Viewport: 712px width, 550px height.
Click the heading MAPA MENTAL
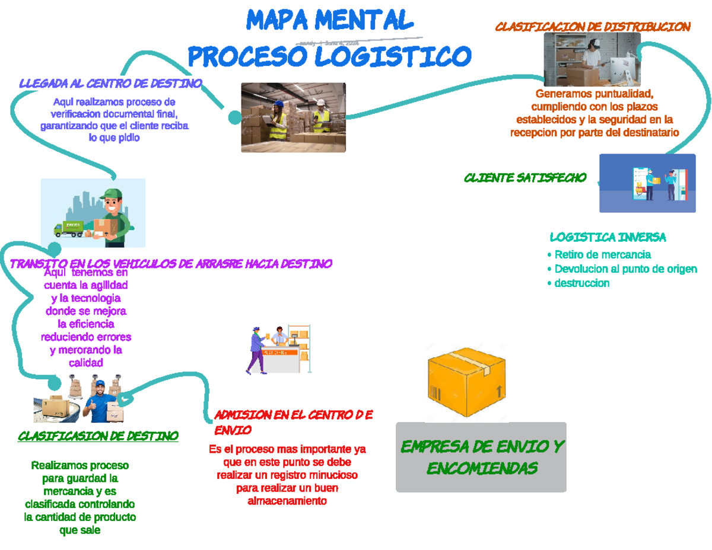pos(329,21)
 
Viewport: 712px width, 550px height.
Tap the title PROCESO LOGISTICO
pos(329,57)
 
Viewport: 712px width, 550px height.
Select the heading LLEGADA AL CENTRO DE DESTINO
pos(110,83)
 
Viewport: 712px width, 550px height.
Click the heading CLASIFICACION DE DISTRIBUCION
pos(592,27)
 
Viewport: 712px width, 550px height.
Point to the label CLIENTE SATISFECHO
pos(525,177)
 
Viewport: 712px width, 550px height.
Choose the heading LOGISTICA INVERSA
pos(608,237)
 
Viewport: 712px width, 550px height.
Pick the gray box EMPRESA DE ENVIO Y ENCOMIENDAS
pos(481,457)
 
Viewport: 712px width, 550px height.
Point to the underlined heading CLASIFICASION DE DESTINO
pos(98,436)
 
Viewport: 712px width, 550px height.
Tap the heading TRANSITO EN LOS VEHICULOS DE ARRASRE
pos(171,263)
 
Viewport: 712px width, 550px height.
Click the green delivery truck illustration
pos(68,229)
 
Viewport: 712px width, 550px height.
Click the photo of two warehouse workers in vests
pos(293,117)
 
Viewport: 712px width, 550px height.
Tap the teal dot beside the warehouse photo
pos(234,117)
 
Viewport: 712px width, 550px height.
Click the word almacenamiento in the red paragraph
pos(287,501)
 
